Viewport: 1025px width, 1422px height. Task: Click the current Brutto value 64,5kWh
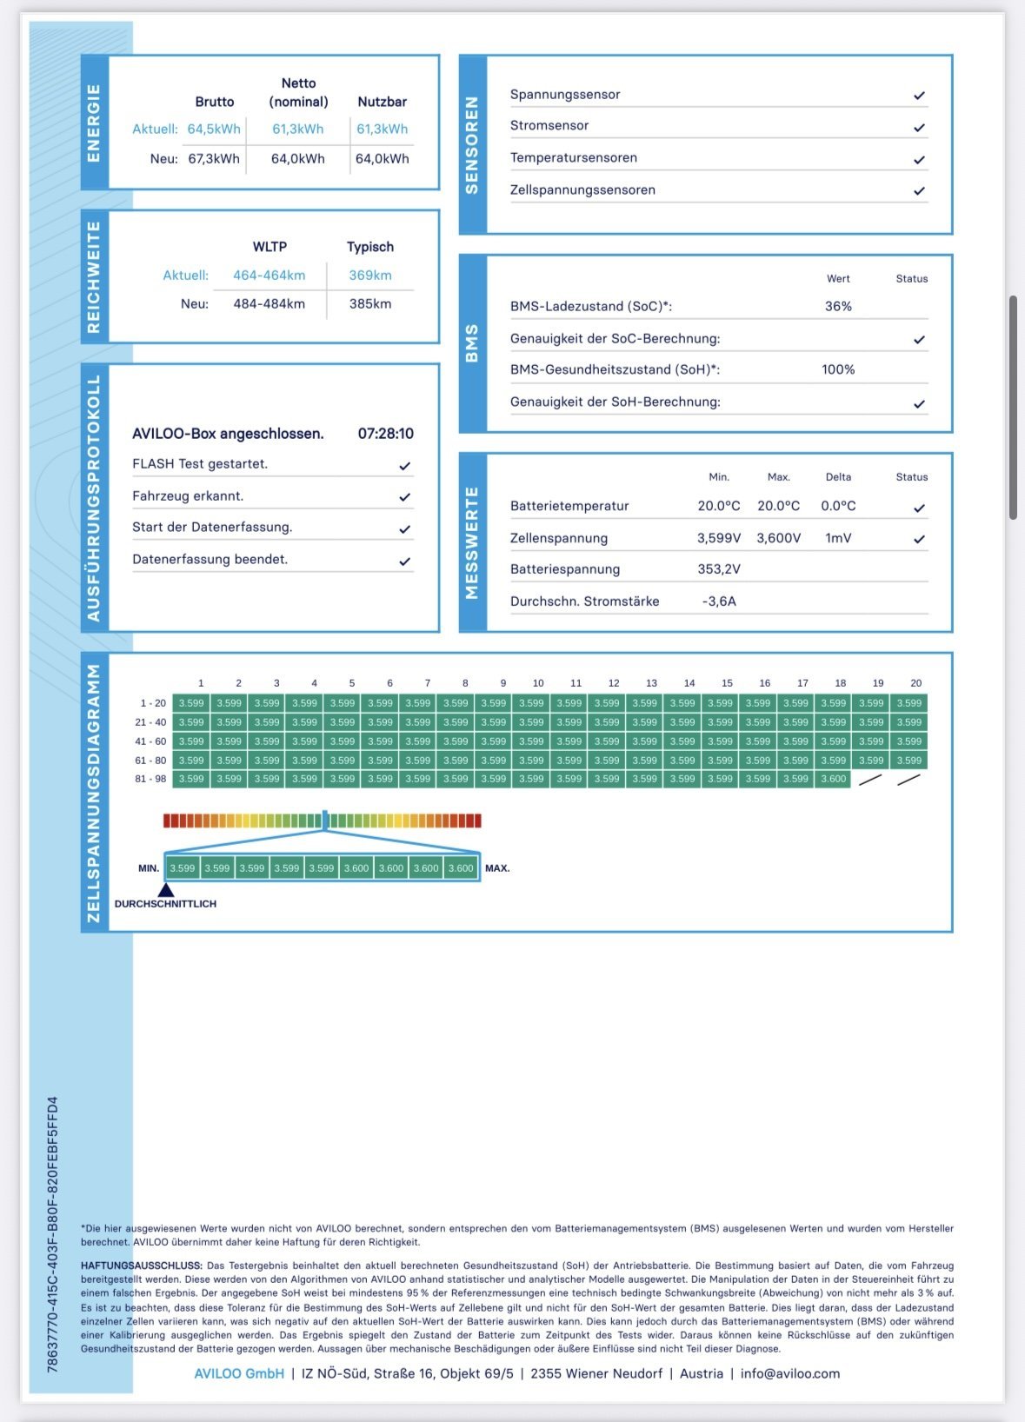tap(214, 129)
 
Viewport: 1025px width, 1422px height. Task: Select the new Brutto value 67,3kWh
tap(214, 159)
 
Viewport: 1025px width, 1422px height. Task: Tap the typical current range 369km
tap(370, 275)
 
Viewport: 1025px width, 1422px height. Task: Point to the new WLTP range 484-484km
tap(270, 303)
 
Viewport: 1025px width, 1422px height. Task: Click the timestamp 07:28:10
tap(385, 434)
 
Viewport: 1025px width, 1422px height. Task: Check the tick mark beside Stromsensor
tap(919, 127)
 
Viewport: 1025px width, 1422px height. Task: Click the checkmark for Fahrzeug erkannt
tap(404, 497)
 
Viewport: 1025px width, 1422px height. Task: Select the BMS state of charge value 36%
tap(838, 306)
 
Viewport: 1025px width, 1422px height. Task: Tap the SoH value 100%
tap(838, 369)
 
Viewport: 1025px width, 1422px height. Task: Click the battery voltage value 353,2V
tap(719, 568)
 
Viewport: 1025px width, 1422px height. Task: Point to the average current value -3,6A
tap(719, 601)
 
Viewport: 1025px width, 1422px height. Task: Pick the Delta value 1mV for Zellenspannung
tap(838, 538)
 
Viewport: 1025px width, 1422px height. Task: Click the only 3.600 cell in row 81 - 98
tap(833, 779)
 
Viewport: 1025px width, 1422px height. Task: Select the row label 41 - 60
tap(150, 741)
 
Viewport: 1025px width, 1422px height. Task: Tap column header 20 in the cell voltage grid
tap(915, 683)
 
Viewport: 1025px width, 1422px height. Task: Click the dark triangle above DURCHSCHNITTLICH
tap(166, 889)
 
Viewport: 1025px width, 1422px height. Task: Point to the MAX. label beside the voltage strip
tap(497, 867)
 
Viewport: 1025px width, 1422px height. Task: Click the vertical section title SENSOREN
tap(472, 145)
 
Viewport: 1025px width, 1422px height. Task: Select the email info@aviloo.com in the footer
tap(790, 1373)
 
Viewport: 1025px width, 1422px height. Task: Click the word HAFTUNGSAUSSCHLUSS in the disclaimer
tap(141, 1266)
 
